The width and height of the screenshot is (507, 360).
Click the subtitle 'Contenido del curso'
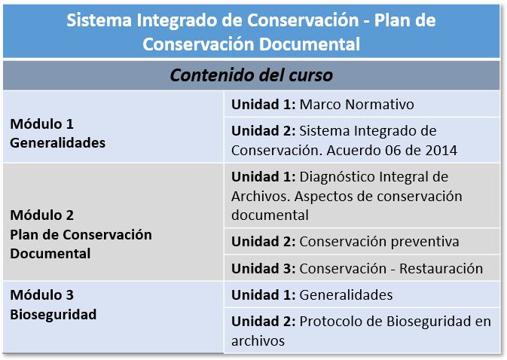(251, 75)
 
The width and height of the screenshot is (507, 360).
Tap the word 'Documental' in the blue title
(310, 44)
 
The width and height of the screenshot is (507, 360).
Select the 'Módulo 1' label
(41, 124)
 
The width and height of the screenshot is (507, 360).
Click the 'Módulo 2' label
(41, 215)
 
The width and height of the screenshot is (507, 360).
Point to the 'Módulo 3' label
(41, 295)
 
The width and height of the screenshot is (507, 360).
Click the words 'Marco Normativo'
(356, 105)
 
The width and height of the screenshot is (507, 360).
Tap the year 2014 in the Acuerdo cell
(441, 151)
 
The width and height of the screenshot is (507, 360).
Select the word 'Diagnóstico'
(337, 178)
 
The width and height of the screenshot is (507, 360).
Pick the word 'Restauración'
(441, 269)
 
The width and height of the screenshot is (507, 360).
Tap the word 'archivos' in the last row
(258, 341)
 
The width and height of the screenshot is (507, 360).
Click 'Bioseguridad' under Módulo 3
(53, 315)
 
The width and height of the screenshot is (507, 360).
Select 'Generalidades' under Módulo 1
(57, 143)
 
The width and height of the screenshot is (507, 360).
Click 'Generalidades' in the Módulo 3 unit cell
(346, 295)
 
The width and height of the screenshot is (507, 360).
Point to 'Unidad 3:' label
(264, 269)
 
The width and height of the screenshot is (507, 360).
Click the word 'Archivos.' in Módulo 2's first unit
(261, 197)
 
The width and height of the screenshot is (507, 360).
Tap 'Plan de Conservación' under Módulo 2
(81, 235)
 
